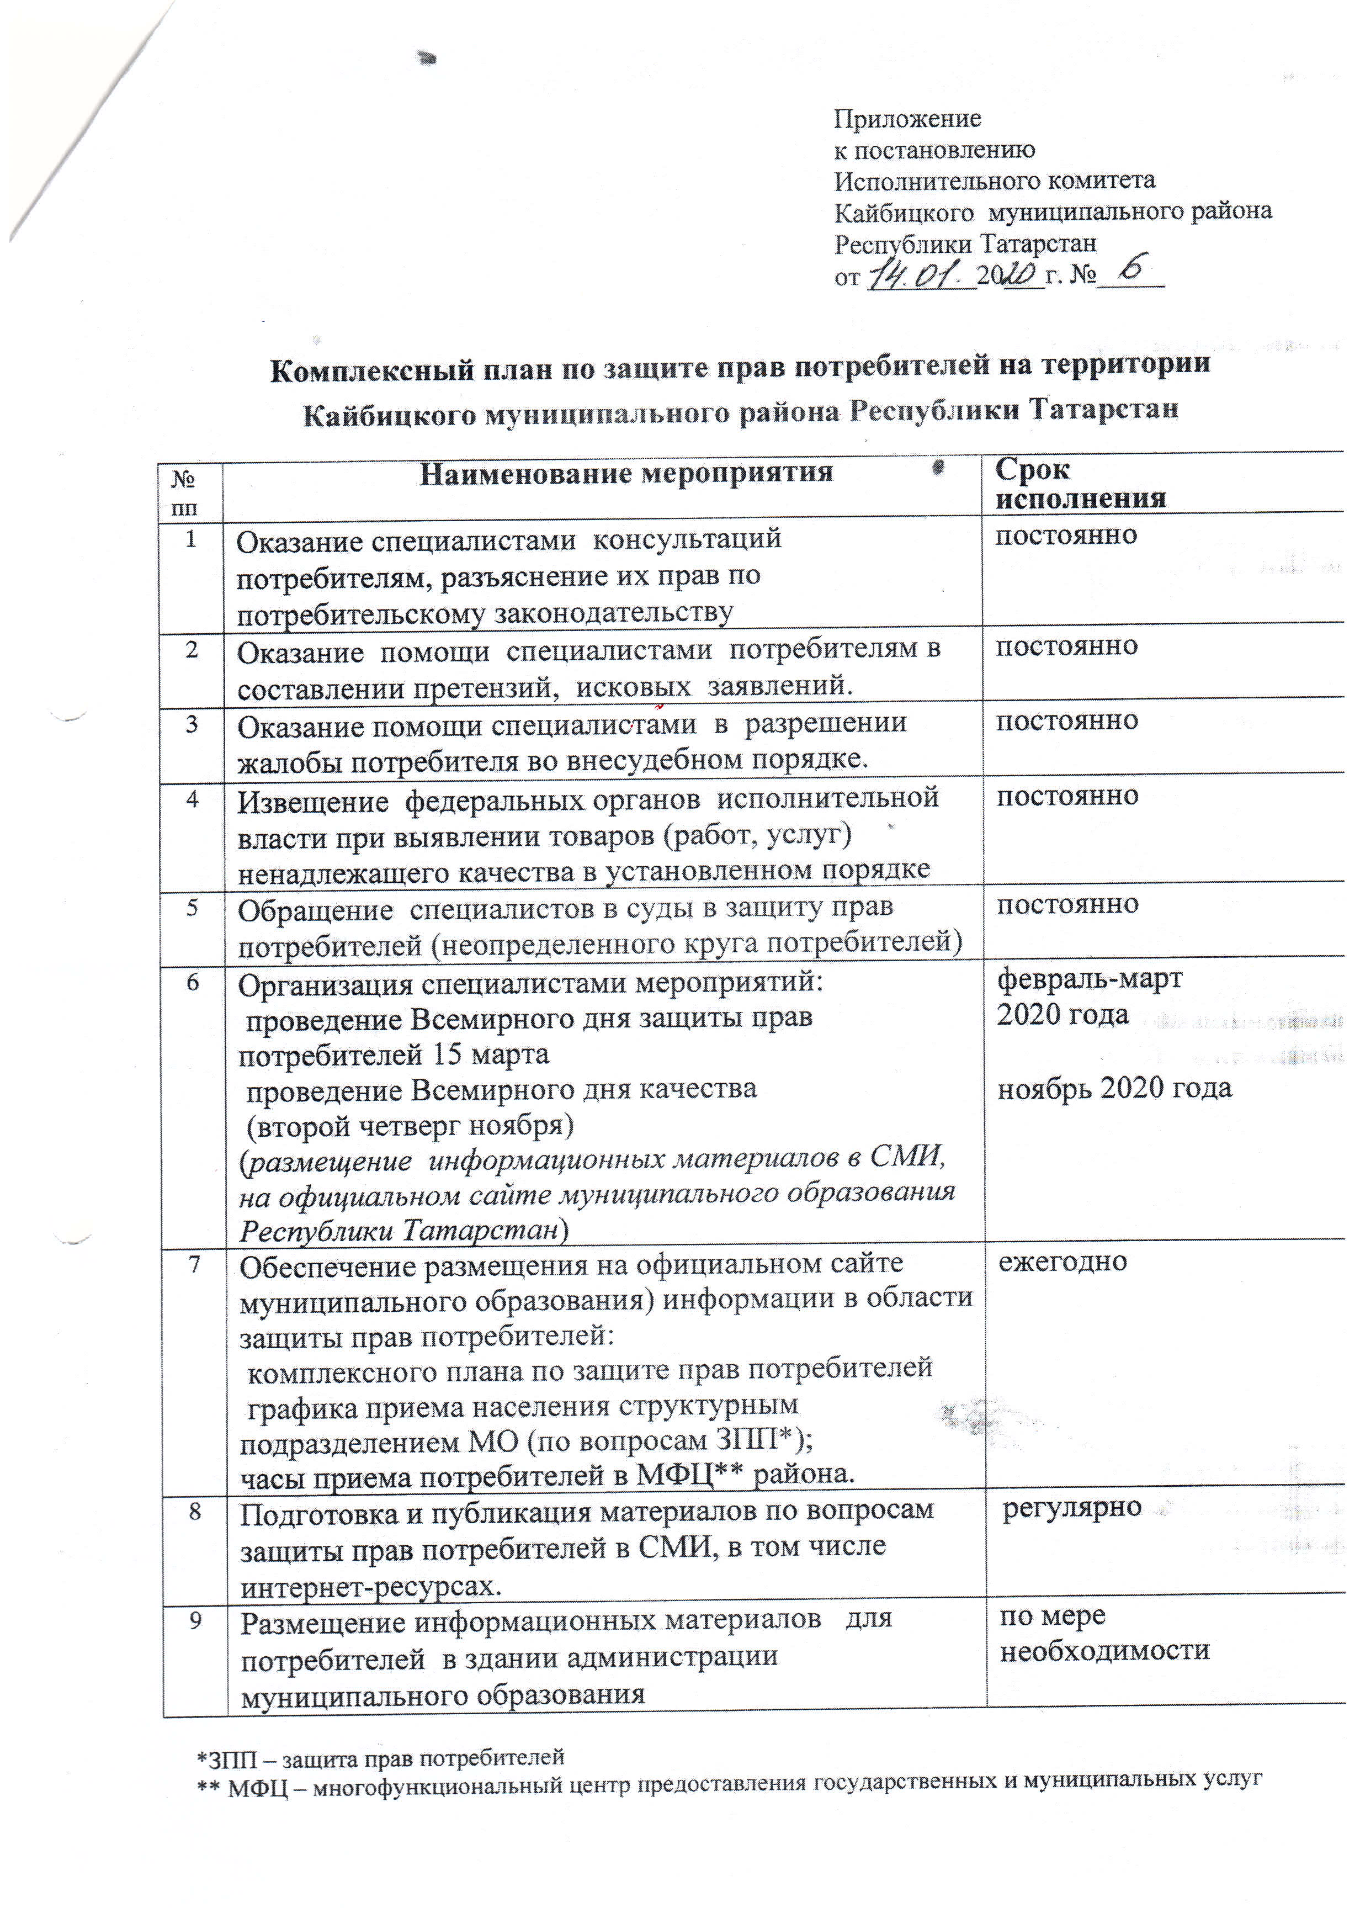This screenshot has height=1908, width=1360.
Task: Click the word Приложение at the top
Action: coord(907,119)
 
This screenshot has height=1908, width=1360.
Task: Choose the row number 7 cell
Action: coord(194,1265)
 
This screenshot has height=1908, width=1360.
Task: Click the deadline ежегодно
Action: coord(1062,1262)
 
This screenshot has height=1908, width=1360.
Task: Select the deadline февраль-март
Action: coord(1088,979)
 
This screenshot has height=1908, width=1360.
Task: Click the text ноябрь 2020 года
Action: coord(1114,1089)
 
